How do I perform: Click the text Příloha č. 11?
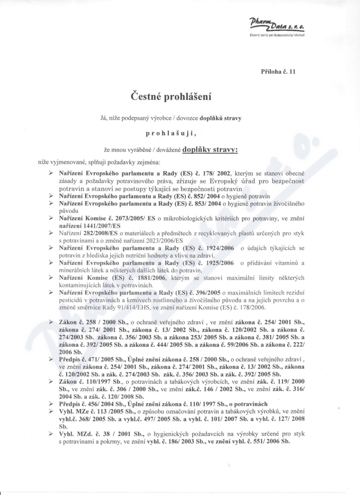coord(278,71)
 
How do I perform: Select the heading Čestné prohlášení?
coord(171,96)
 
